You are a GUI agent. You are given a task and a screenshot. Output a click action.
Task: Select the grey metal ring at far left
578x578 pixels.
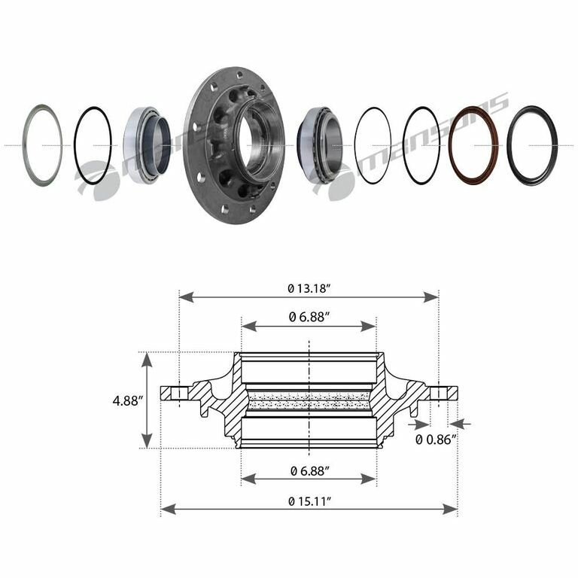click(x=24, y=145)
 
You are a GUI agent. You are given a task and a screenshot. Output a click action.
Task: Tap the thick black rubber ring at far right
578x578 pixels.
click(x=510, y=145)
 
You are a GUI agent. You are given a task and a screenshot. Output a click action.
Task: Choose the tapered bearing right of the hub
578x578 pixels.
click(x=321, y=144)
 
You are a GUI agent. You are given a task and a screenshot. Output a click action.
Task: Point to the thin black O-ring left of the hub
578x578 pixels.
click(x=75, y=145)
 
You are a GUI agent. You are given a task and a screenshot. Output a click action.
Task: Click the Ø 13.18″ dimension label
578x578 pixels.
click(x=308, y=288)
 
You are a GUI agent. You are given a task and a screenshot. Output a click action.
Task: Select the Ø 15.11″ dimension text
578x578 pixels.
click(x=309, y=501)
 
